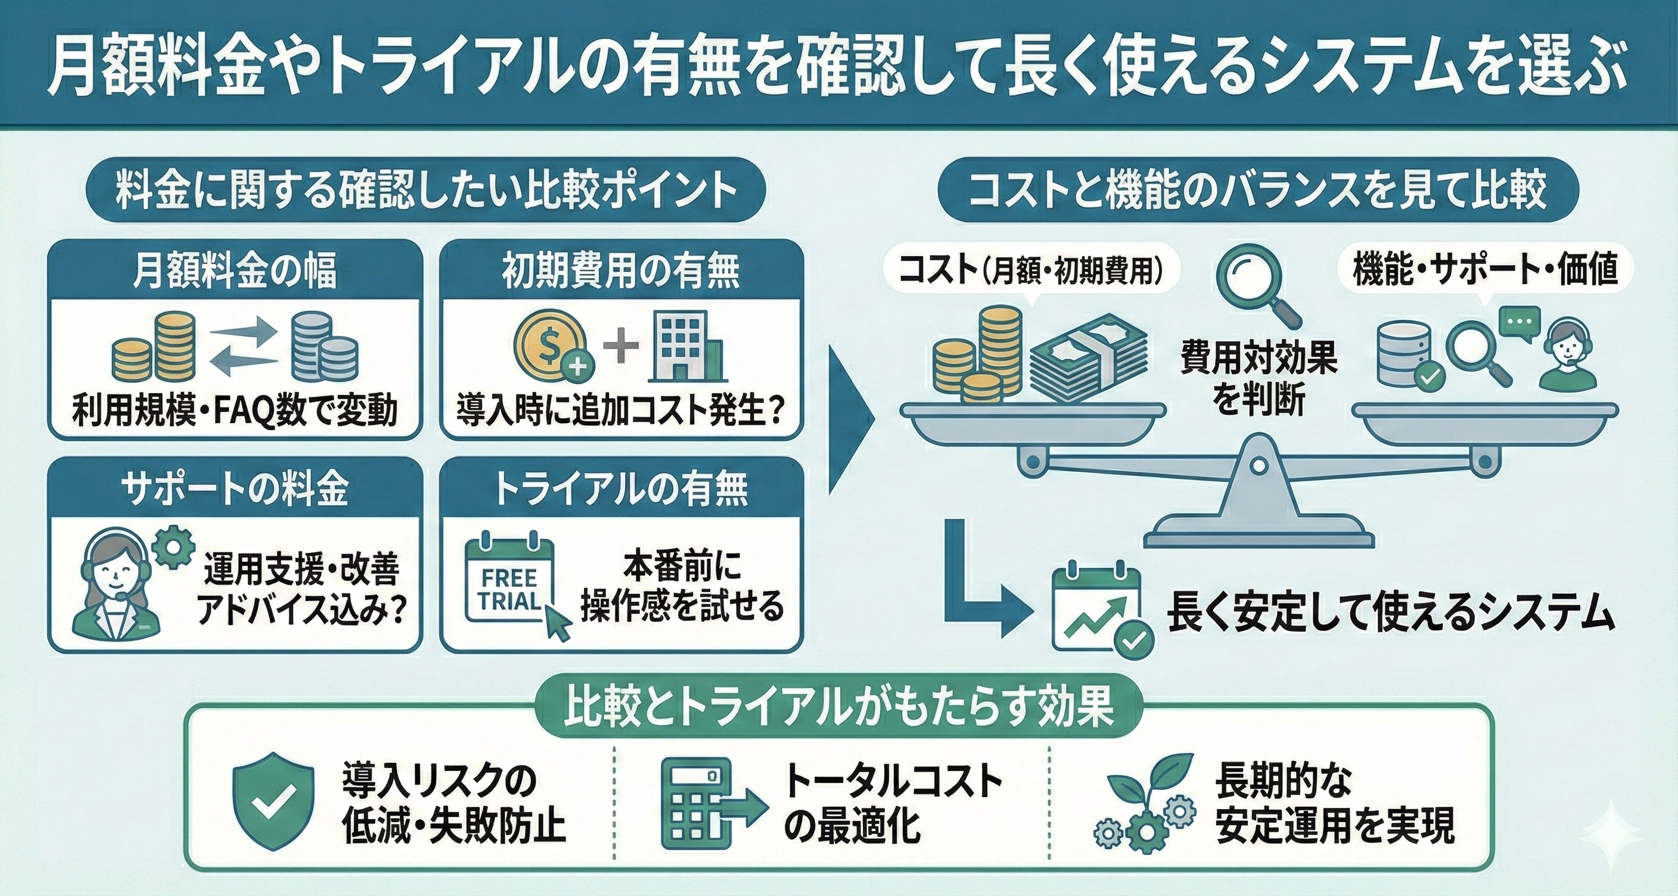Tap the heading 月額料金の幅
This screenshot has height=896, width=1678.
click(235, 272)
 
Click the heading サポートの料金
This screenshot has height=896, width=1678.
click(235, 489)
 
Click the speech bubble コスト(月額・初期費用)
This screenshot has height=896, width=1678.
click(1030, 272)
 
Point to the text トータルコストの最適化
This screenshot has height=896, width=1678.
click(893, 802)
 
